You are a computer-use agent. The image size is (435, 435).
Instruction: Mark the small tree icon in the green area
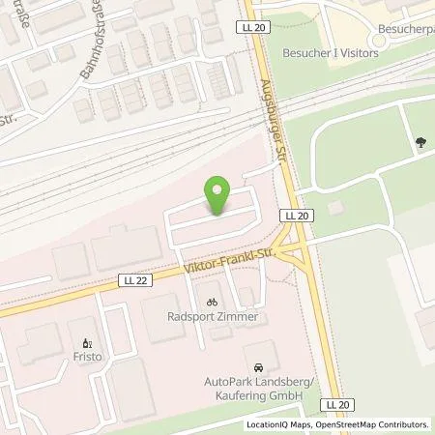coord(420,143)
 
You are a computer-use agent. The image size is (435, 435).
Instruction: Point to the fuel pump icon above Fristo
coord(87,342)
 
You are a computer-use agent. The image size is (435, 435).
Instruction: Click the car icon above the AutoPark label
coord(258,368)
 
